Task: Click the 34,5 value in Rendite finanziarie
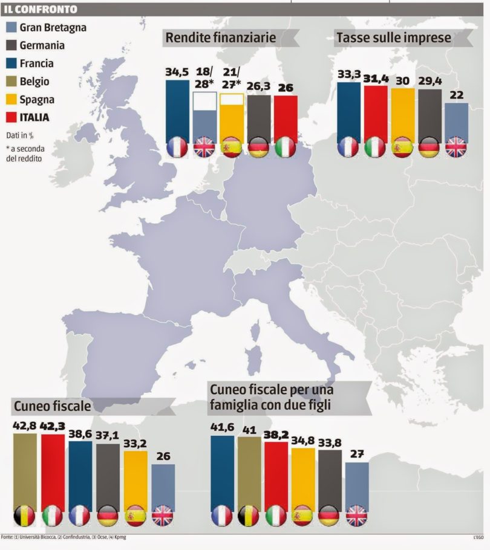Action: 177,72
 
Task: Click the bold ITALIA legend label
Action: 34,117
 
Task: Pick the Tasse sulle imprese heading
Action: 393,38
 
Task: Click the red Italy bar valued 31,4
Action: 375,112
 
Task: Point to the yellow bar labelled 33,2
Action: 136,477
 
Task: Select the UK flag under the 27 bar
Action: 357,515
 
